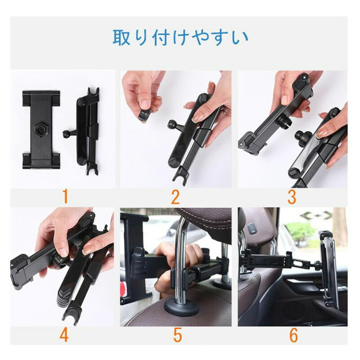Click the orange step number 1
tap(65, 197)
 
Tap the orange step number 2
tap(175, 197)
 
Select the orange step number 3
tap(292, 197)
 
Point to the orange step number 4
tap(64, 335)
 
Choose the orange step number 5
tap(177, 335)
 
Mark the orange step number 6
tap(294, 335)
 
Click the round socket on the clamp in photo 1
tap(41, 130)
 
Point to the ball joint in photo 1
tap(66, 133)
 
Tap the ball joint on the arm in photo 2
tap(171, 124)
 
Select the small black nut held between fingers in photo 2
tap(145, 115)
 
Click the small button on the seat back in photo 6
tap(252, 228)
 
